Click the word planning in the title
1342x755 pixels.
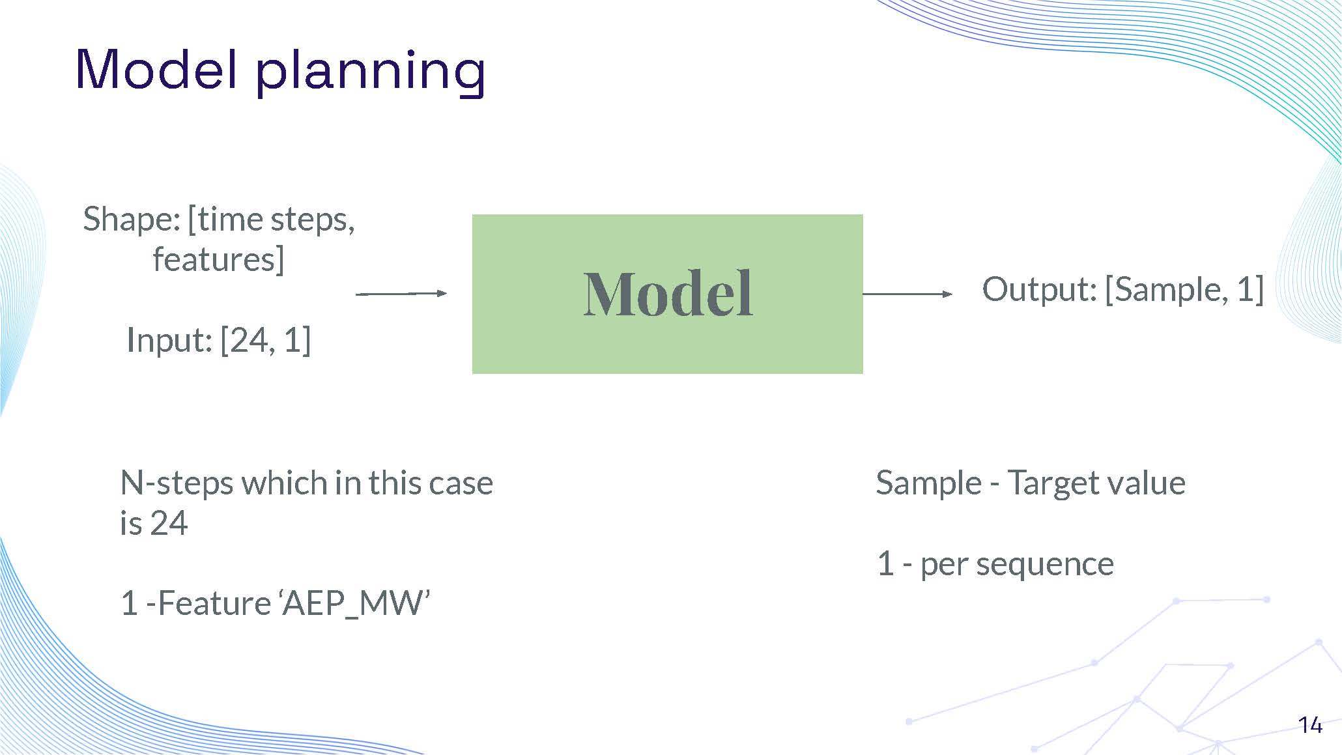(x=370, y=72)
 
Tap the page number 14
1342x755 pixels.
(x=1309, y=725)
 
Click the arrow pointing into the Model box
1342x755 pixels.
(x=401, y=294)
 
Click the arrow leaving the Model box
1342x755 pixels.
(x=907, y=294)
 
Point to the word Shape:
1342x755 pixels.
(x=131, y=220)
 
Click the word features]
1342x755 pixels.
(x=218, y=259)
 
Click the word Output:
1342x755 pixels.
(x=1039, y=289)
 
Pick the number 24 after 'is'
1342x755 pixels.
(x=169, y=523)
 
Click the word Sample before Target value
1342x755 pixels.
(x=928, y=483)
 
